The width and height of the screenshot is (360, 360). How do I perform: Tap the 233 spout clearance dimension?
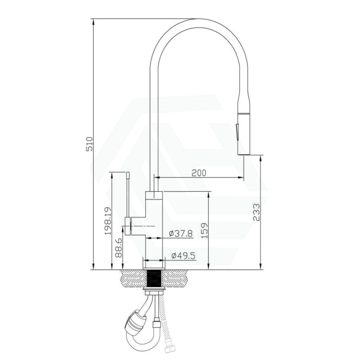click(256, 212)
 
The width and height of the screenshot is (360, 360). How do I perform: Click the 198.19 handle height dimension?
click(106, 221)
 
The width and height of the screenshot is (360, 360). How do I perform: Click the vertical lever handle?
click(128, 196)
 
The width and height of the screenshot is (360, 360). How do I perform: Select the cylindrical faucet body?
click(154, 224)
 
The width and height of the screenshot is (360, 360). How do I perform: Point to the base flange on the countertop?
click(154, 265)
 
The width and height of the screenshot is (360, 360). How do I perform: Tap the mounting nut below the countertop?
click(154, 289)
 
